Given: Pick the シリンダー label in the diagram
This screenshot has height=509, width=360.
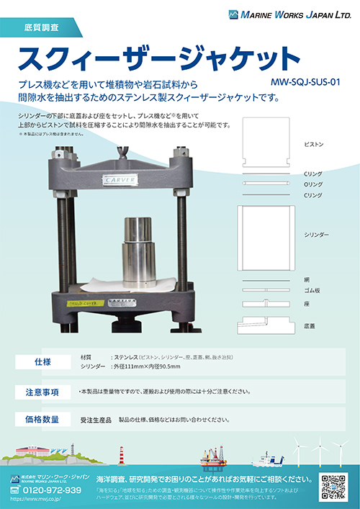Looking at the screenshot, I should coord(316,235).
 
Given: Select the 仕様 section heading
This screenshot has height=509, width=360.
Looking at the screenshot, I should coord(42,361).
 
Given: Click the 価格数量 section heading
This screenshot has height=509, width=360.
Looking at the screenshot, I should coord(42,419).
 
